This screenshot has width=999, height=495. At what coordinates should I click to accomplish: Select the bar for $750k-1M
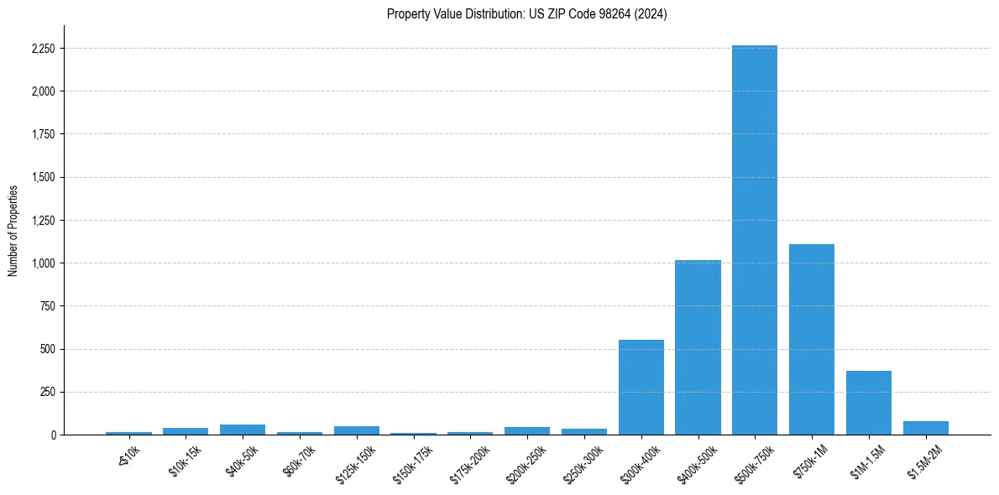pos(812,339)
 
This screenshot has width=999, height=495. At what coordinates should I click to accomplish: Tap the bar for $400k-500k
pos(698,347)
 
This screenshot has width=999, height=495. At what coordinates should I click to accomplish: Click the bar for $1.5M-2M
pos(926,428)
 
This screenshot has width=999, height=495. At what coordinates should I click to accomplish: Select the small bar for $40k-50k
pos(243,430)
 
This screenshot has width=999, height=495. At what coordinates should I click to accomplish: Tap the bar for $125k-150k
pos(357,430)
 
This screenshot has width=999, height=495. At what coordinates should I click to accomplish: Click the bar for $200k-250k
pos(527,430)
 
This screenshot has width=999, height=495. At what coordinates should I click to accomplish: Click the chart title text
pos(527,14)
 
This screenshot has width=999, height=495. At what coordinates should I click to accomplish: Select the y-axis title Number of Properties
pos(13,230)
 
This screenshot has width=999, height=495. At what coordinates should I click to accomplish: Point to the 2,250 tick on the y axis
pos(43,49)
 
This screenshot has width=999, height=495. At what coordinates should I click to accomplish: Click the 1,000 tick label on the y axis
pos(43,263)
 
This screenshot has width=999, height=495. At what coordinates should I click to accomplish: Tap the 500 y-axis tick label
pos(48,349)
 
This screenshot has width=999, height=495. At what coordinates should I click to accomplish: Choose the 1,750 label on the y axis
pos(43,134)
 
